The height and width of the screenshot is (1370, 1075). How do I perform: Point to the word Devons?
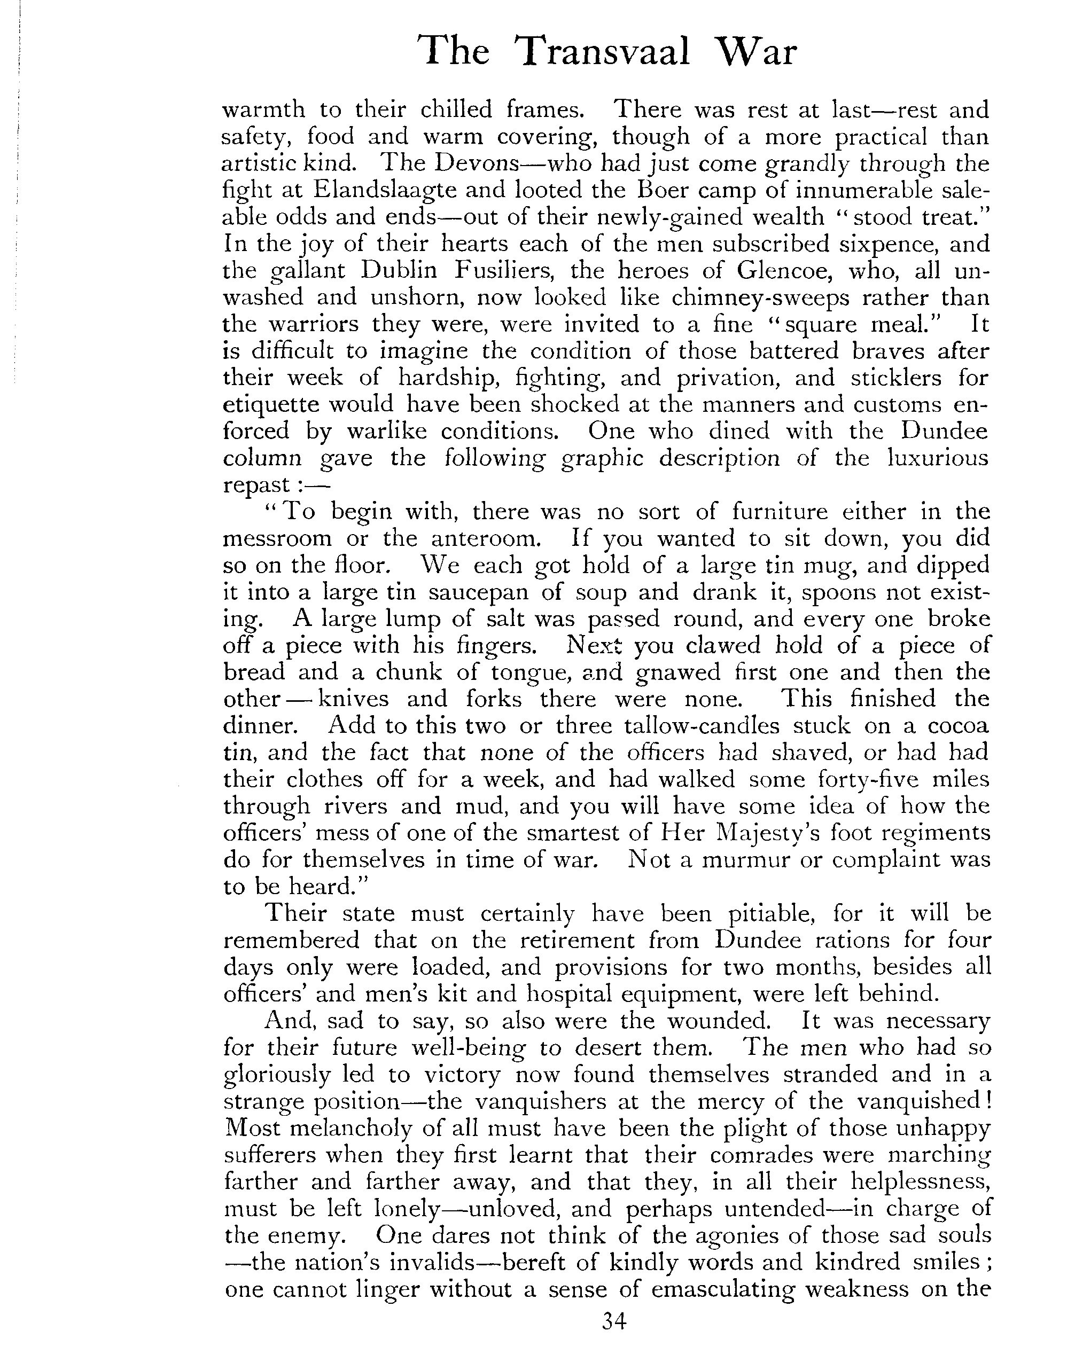pos(477,163)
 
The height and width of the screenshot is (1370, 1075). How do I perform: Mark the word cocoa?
pos(958,726)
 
